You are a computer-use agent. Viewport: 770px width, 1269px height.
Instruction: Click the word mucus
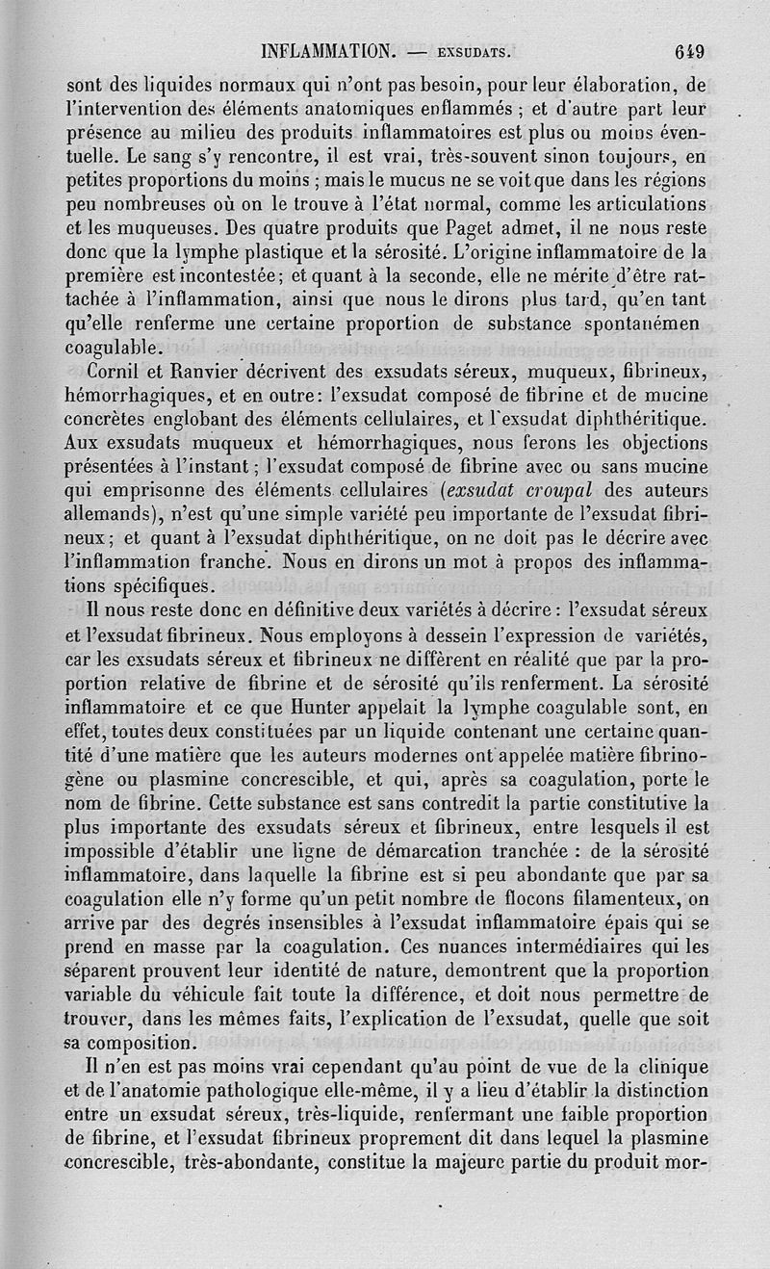(x=398, y=183)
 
